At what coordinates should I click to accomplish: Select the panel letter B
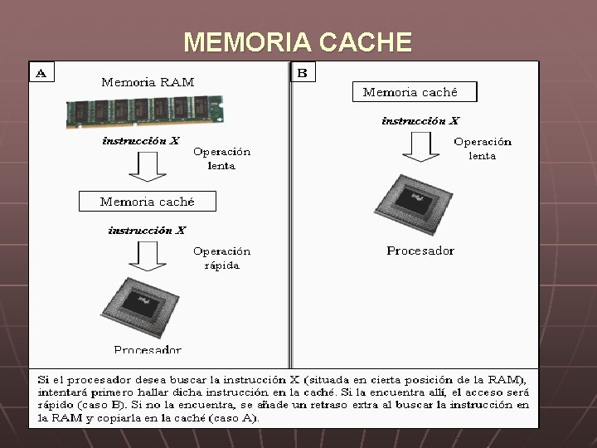pyautogui.click(x=302, y=73)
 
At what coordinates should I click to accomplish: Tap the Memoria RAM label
pyautogui.click(x=148, y=82)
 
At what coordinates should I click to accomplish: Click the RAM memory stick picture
pyautogui.click(x=133, y=110)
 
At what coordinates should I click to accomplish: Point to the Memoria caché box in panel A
pyautogui.click(x=147, y=202)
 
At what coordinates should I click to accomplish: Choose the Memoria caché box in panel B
pyautogui.click(x=410, y=92)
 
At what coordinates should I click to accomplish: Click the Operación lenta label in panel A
pyautogui.click(x=221, y=158)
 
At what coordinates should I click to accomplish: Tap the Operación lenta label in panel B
pyautogui.click(x=483, y=148)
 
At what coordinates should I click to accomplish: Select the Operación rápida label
pyautogui.click(x=221, y=258)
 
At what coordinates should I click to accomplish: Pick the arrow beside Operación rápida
pyautogui.click(x=148, y=256)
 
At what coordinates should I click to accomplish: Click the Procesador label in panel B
pyautogui.click(x=420, y=251)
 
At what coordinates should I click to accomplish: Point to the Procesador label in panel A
pyautogui.click(x=148, y=349)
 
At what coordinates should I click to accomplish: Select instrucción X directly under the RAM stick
pyautogui.click(x=140, y=141)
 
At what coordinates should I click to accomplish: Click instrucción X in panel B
pyautogui.click(x=420, y=121)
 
